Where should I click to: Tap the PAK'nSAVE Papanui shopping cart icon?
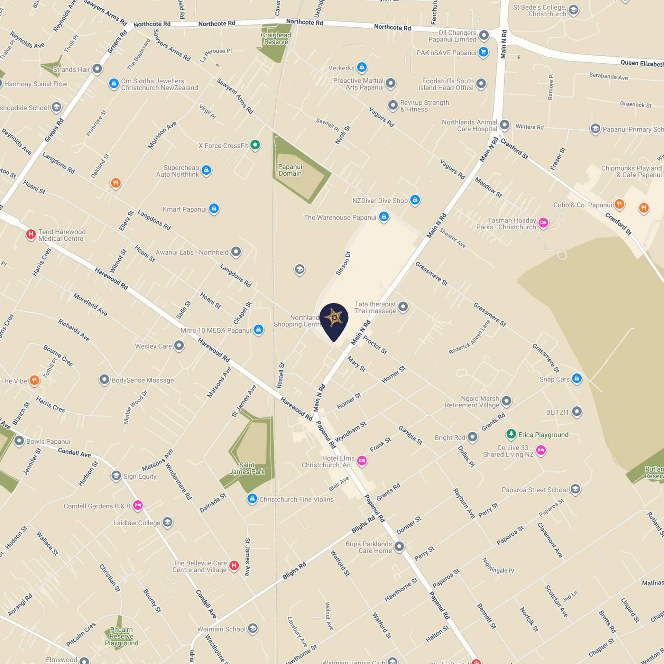[483, 52]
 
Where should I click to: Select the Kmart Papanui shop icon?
[214, 209]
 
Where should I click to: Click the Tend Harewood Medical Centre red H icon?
[31, 234]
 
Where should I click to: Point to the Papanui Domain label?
[290, 170]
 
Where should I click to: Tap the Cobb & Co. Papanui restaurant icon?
[619, 204]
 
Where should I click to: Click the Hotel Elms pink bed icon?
[362, 461]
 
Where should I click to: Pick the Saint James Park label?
[247, 468]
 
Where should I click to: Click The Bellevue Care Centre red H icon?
[234, 565]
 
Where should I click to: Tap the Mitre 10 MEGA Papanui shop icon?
[258, 330]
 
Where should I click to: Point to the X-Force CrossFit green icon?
[255, 145]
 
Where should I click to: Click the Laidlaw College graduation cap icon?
[167, 522]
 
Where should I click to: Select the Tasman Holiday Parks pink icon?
[543, 223]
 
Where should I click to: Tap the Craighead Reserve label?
[276, 38]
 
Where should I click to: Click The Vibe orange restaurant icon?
[34, 380]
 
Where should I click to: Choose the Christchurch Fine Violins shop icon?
[252, 499]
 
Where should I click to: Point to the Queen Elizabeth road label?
[642, 63]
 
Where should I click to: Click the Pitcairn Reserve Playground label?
[121, 636]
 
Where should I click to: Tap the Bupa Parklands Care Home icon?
[399, 546]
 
